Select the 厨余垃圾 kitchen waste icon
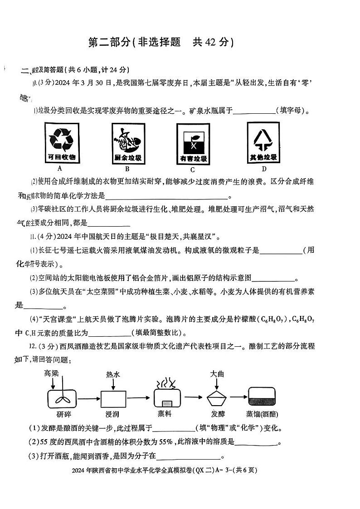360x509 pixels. coord(127,144)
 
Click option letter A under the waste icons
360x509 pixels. coord(60,169)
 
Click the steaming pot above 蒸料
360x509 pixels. coord(167,397)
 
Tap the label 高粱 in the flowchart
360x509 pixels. coord(52,373)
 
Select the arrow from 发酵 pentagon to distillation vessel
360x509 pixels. coord(238,398)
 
